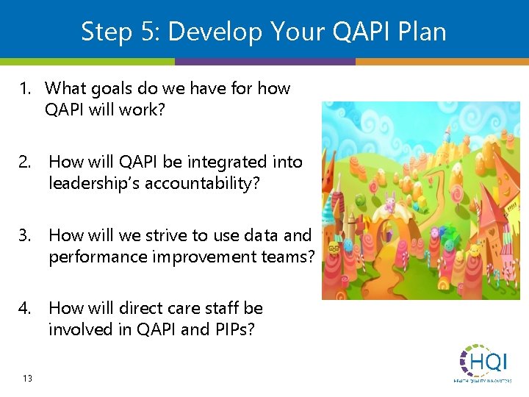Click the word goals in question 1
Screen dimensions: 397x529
pyautogui.click(x=108, y=89)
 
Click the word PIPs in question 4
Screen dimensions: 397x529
pyautogui.click(x=233, y=329)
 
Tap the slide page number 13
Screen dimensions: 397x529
pyautogui.click(x=27, y=378)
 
